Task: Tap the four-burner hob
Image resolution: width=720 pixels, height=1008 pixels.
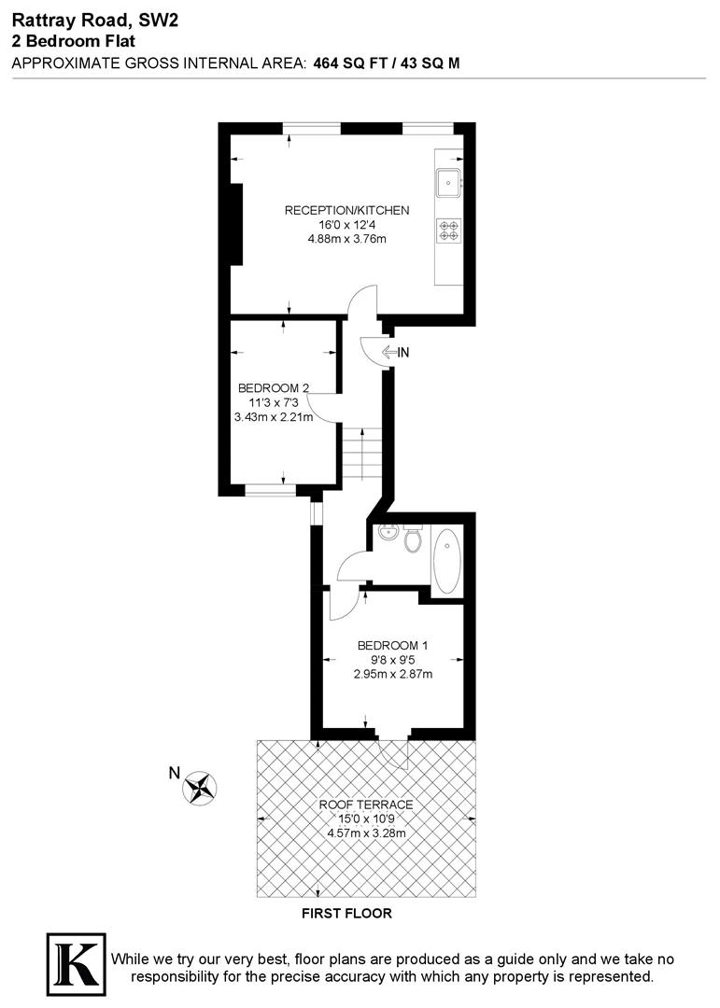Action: pyautogui.click(x=448, y=230)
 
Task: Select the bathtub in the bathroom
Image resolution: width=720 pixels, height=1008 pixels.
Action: pyautogui.click(x=447, y=562)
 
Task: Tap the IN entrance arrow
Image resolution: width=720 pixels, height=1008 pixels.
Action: pyautogui.click(x=395, y=353)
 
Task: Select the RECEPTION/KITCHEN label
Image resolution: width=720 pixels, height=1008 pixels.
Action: pyautogui.click(x=346, y=210)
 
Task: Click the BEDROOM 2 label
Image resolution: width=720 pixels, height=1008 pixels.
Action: pyautogui.click(x=273, y=388)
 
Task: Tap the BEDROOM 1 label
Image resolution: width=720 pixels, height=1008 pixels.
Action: pyautogui.click(x=392, y=645)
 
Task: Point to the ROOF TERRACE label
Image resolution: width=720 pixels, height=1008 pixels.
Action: pyautogui.click(x=365, y=805)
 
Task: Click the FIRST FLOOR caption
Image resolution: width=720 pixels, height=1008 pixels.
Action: pyautogui.click(x=346, y=914)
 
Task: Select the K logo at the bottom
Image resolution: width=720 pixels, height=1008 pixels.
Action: pyautogui.click(x=74, y=961)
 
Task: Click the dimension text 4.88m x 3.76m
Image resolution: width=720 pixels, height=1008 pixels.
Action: pyautogui.click(x=346, y=239)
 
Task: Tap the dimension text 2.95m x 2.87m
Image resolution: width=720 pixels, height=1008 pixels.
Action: pyautogui.click(x=392, y=674)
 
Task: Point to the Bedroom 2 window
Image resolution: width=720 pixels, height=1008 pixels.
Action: pyautogui.click(x=271, y=488)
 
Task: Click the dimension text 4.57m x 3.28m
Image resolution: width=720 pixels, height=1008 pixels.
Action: pyautogui.click(x=365, y=833)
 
